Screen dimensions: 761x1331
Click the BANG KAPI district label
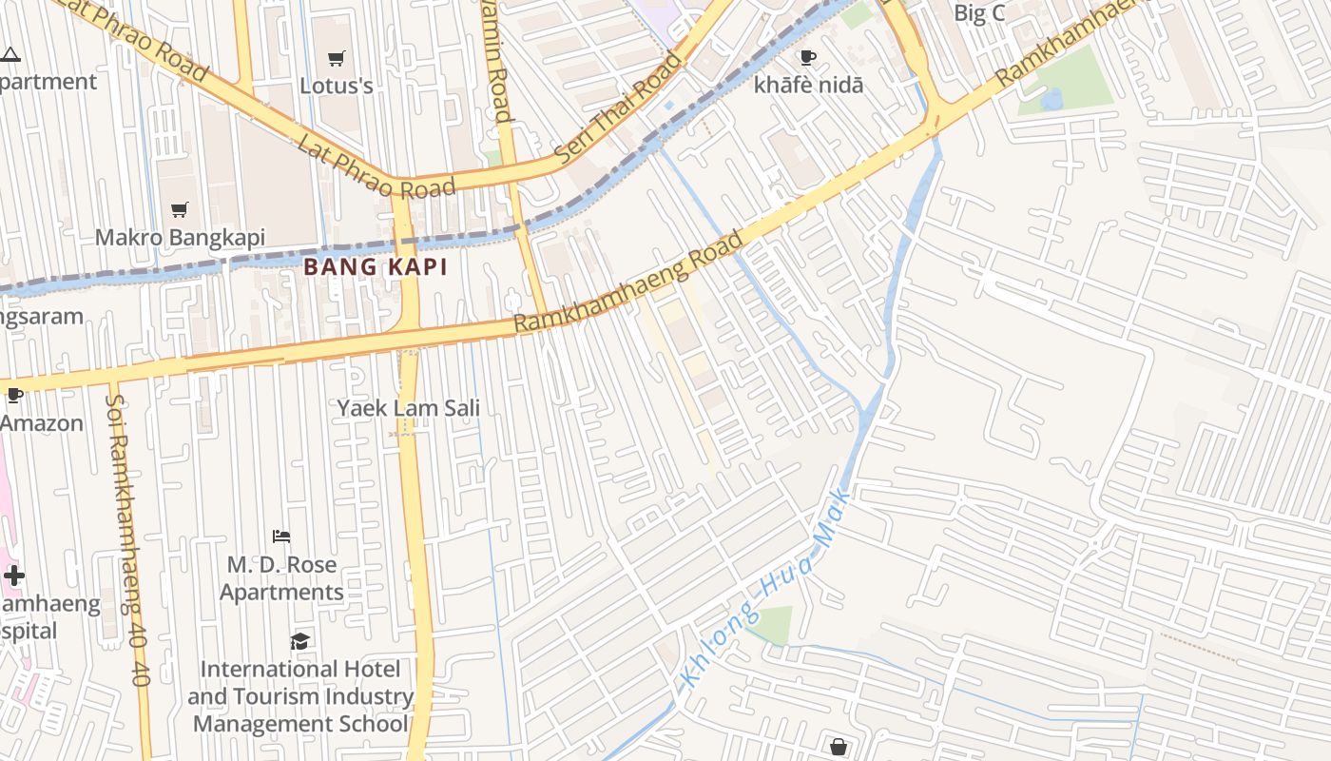click(x=376, y=267)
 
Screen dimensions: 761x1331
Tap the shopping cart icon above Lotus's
click(x=336, y=59)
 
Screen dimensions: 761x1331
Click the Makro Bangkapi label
click(x=180, y=237)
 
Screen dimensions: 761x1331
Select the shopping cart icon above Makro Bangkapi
click(x=179, y=209)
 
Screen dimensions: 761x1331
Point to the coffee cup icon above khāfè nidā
click(x=808, y=58)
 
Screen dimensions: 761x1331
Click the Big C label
click(x=978, y=12)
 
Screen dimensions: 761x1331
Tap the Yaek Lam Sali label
click(x=408, y=408)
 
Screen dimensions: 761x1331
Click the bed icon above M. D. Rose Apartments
click(x=280, y=537)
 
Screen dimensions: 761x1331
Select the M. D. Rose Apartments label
click(x=281, y=577)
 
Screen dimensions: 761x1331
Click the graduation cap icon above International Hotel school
click(x=299, y=641)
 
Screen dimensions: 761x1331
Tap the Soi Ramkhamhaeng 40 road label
click(x=126, y=533)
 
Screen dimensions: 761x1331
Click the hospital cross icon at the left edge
click(x=14, y=576)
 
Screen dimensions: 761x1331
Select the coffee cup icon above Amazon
click(x=14, y=395)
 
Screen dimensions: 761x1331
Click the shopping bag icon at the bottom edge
click(x=838, y=747)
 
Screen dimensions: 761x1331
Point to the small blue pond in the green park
click(x=1051, y=99)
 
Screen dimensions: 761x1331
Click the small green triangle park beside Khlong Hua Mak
click(x=772, y=624)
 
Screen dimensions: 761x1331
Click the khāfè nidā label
click(x=808, y=85)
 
